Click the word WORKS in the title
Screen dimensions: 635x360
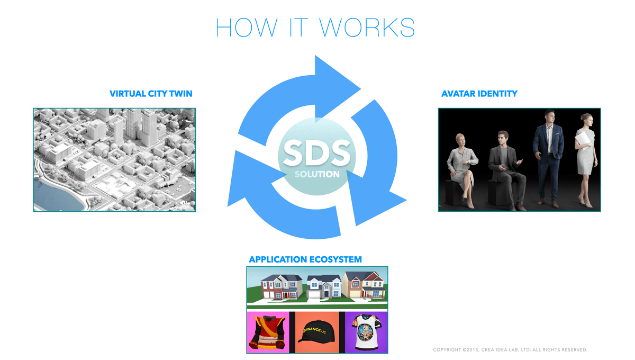(x=367, y=27)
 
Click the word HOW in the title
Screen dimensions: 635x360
(x=247, y=27)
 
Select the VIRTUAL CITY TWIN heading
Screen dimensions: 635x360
(x=151, y=94)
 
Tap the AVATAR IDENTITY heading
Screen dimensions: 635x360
(x=479, y=94)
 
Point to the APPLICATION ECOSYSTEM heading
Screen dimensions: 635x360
(x=305, y=259)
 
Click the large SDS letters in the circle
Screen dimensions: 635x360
(x=316, y=153)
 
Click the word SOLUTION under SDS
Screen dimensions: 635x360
(x=317, y=174)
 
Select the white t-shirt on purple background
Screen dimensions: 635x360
(x=367, y=332)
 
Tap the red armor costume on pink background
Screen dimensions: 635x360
(x=267, y=332)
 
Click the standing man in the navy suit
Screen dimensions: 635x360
(x=548, y=157)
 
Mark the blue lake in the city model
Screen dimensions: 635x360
(x=57, y=196)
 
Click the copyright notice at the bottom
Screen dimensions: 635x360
(x=510, y=350)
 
